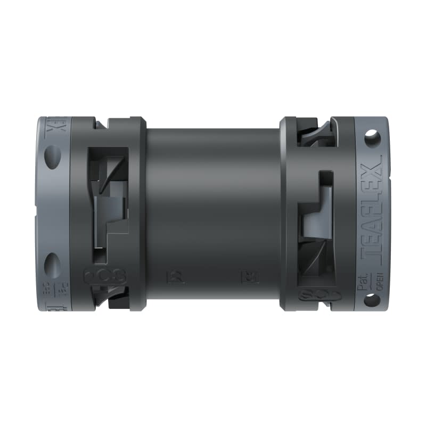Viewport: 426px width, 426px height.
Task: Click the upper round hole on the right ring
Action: point(372,138)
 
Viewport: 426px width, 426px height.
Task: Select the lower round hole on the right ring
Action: point(372,300)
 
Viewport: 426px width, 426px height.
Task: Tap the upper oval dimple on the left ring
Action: point(52,158)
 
